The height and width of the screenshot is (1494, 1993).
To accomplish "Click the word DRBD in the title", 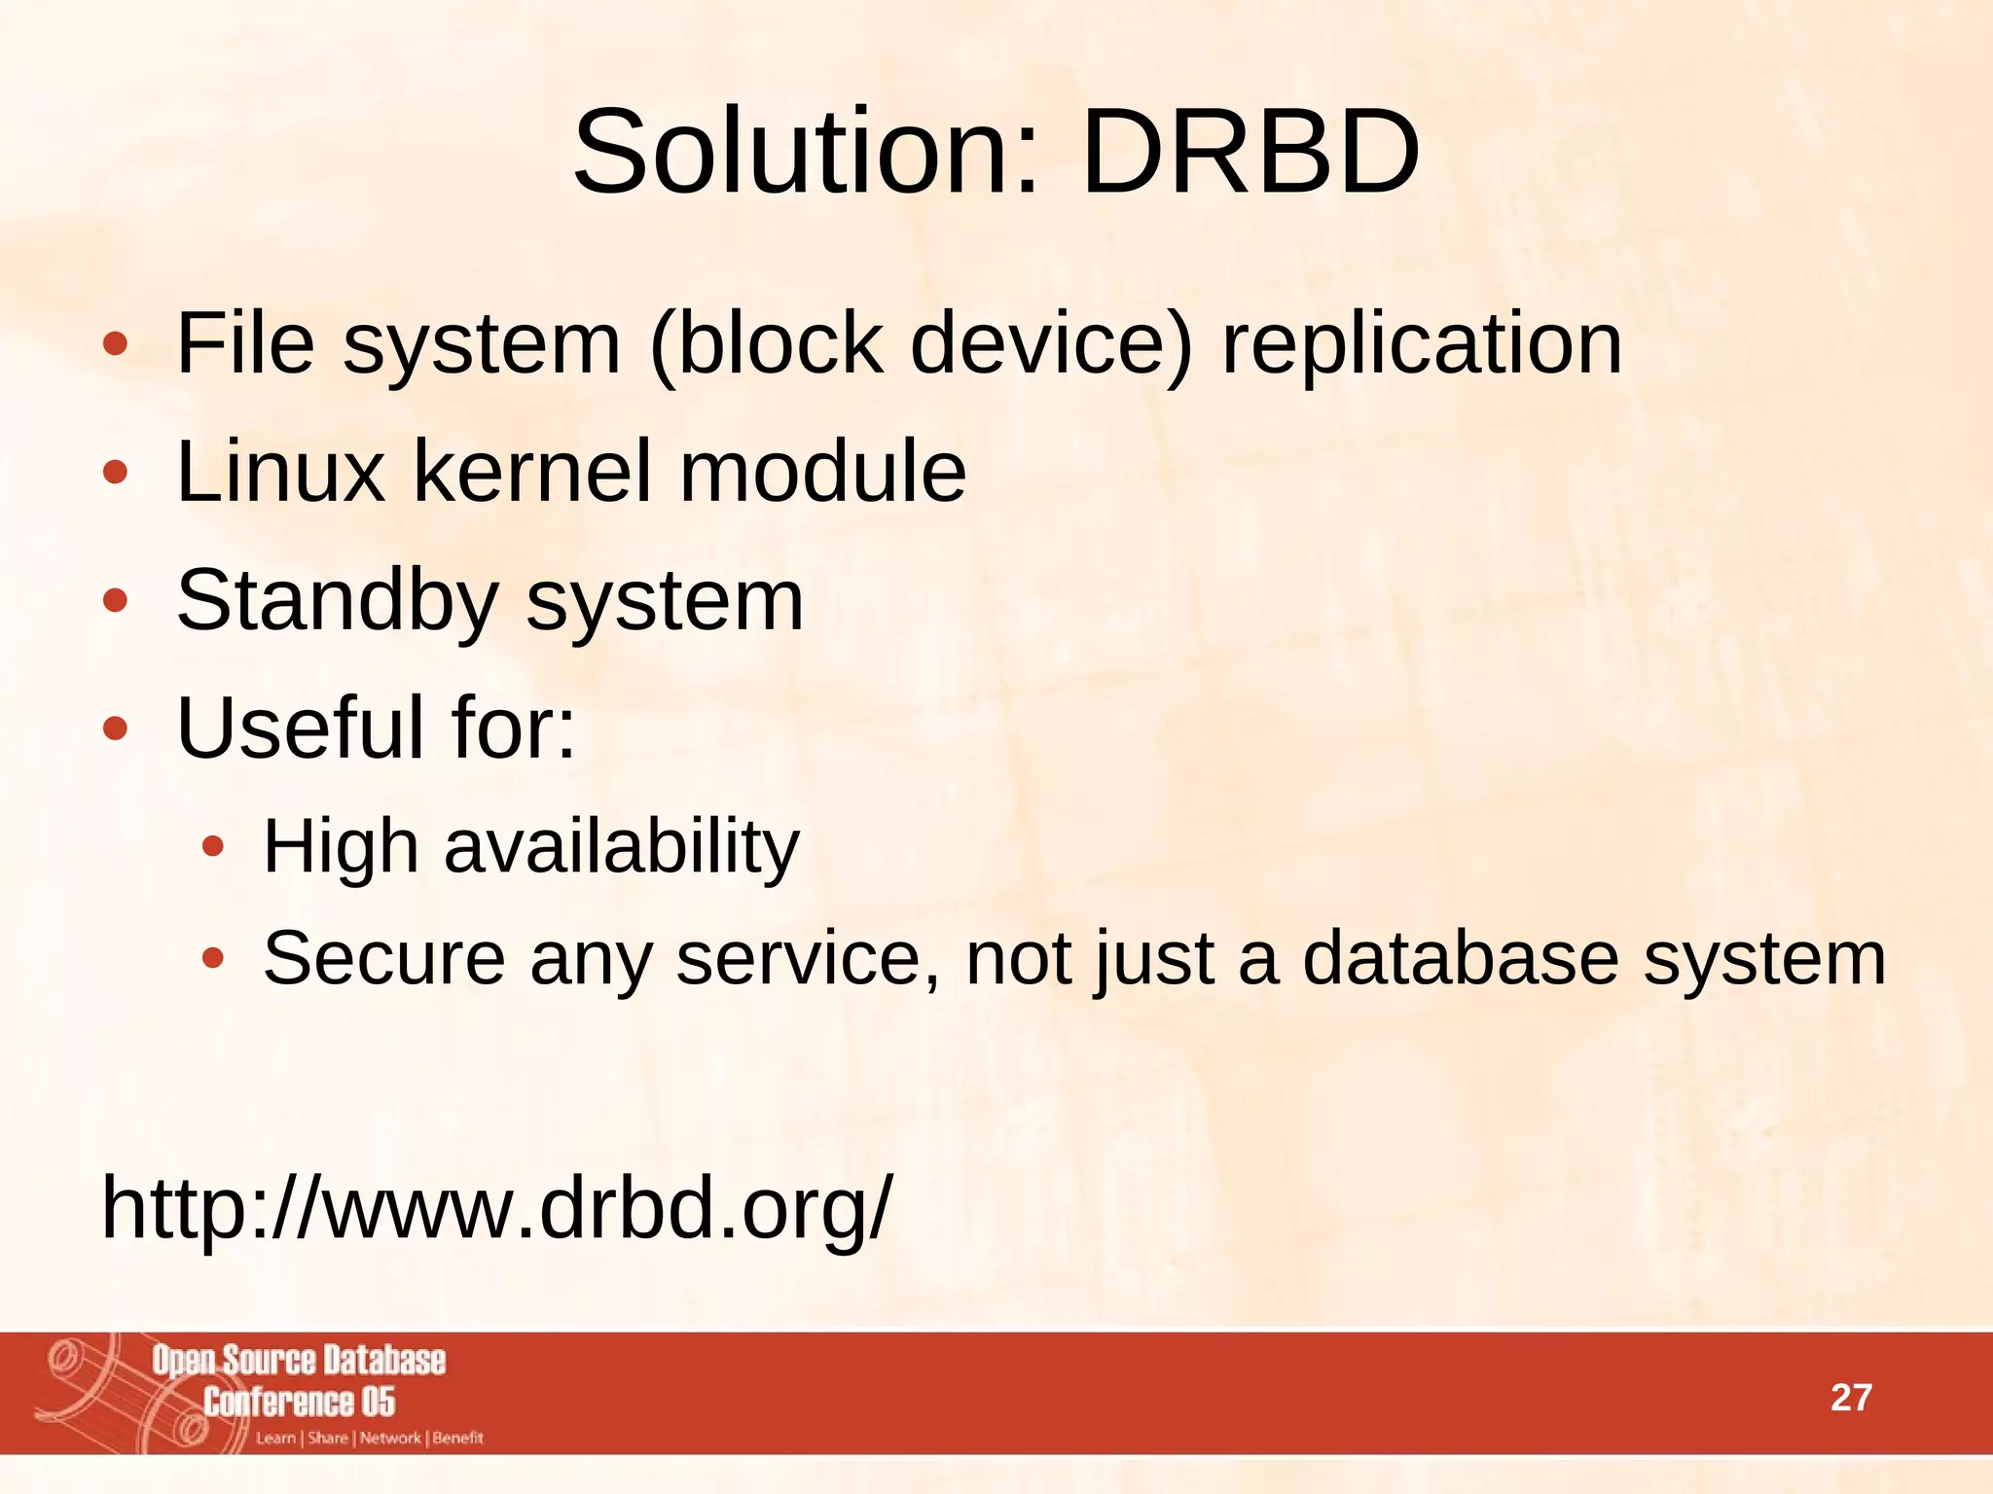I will (x=1250, y=153).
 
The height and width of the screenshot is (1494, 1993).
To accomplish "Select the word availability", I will (x=622, y=846).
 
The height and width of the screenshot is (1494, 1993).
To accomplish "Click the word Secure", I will (x=384, y=958).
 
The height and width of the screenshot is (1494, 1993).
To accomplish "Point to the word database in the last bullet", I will (x=1460, y=958).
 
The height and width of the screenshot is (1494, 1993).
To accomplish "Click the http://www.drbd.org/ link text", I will (x=495, y=1209).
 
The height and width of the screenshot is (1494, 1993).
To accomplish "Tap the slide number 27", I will (x=1851, y=1398).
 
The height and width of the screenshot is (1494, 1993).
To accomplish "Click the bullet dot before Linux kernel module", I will (x=115, y=474).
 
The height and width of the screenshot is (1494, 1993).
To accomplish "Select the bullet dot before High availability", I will (x=213, y=848).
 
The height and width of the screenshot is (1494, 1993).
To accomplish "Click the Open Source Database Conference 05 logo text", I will (x=299, y=1380).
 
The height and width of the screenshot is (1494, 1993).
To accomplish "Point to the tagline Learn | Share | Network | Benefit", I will (x=370, y=1439).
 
